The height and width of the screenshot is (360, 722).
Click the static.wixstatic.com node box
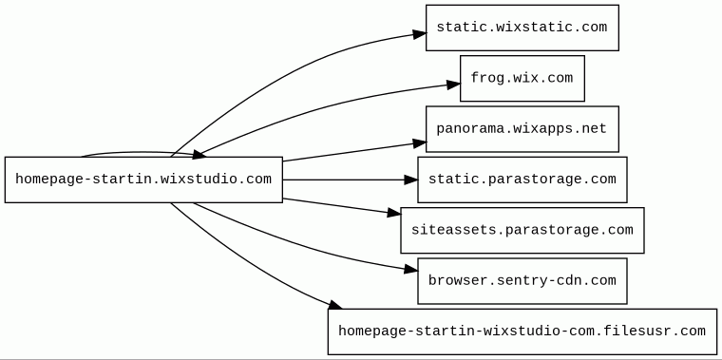click(522, 28)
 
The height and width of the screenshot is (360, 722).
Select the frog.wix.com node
click(522, 78)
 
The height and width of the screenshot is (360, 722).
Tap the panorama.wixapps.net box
click(522, 129)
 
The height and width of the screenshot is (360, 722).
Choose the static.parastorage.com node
click(522, 180)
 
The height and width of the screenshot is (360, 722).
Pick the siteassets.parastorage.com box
click(522, 230)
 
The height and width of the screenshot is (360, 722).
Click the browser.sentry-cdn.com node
click(522, 281)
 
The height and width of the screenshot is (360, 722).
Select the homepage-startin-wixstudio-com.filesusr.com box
click(522, 332)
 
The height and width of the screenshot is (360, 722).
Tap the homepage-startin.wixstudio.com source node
click(143, 180)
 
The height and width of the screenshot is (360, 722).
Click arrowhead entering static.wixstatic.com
click(420, 34)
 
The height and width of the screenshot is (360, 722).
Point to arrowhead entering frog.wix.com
click(453, 85)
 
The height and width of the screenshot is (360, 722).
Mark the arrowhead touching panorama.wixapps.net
click(420, 143)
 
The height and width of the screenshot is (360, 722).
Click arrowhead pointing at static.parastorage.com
click(410, 180)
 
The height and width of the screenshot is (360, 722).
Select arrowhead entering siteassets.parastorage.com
click(394, 212)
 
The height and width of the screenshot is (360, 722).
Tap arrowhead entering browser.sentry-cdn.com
click(410, 269)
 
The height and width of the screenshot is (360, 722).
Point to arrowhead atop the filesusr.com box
click(334, 304)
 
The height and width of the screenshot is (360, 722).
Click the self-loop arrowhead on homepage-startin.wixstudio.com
click(199, 155)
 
